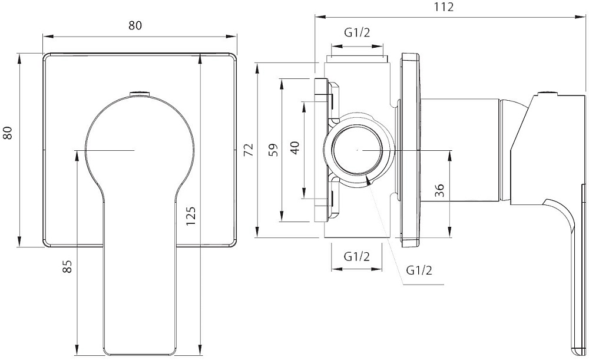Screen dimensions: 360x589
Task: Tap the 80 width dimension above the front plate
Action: [135, 25]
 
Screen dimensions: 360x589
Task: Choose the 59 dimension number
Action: [272, 149]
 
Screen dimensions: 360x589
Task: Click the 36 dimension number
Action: [439, 191]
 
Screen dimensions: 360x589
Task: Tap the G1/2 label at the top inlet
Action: [358, 33]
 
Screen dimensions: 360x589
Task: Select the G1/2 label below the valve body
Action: [358, 256]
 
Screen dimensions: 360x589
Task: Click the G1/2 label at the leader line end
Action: [419, 270]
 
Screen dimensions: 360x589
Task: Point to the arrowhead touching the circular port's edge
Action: [368, 180]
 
